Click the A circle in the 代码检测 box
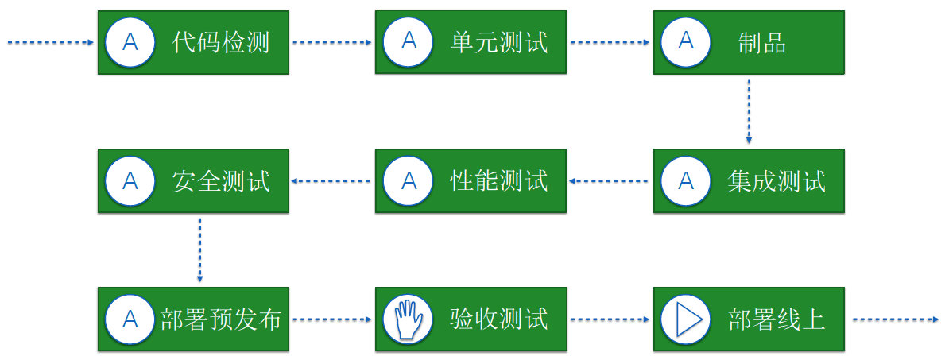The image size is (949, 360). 130,42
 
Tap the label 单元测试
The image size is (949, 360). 499,42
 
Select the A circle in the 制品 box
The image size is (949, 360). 685,42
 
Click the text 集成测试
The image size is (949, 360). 776,181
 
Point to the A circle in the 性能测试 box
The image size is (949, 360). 409,181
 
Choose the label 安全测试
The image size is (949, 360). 221,181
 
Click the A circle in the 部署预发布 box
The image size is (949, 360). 130,319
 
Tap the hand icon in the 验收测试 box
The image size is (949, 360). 409,319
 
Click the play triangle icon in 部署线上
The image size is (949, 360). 685,319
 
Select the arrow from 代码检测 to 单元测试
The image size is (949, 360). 332,43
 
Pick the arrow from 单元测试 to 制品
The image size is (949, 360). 610,43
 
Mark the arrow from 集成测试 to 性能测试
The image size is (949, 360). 610,181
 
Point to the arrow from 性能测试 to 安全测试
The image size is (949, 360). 332,181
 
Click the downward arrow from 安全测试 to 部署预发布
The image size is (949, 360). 199,250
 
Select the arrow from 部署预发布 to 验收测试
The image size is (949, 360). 332,320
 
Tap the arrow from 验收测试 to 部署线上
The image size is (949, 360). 610,320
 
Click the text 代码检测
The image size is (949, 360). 221,42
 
